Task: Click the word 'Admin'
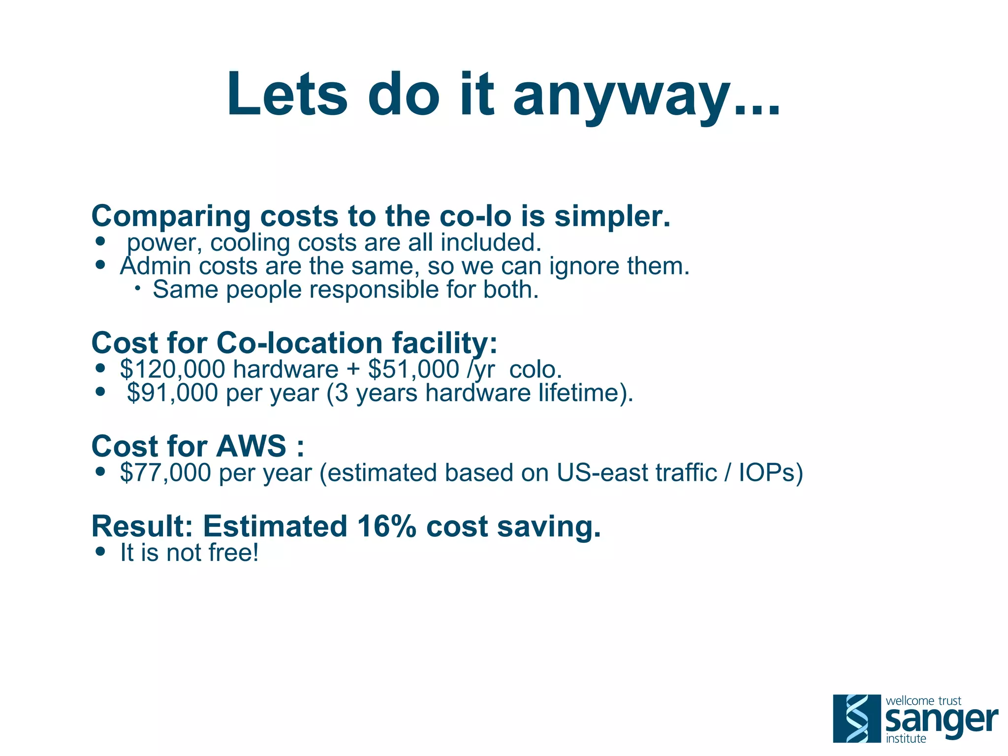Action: point(155,266)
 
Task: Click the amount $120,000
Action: point(173,369)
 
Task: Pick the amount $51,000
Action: point(413,369)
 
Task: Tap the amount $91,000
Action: point(172,393)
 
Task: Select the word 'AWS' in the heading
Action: point(251,446)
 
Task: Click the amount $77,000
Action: point(166,473)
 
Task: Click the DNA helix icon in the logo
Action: point(857,719)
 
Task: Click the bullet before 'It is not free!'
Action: point(101,552)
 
